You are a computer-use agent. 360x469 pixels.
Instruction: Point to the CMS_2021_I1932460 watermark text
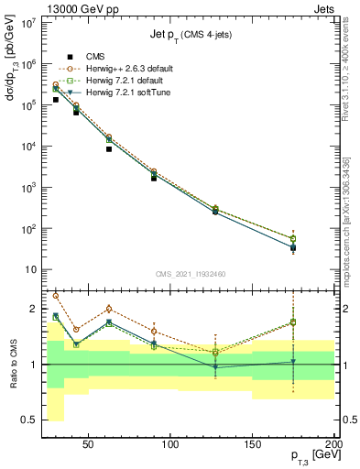[191, 274]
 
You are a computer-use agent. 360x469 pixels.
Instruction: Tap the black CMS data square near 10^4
[109, 148]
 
